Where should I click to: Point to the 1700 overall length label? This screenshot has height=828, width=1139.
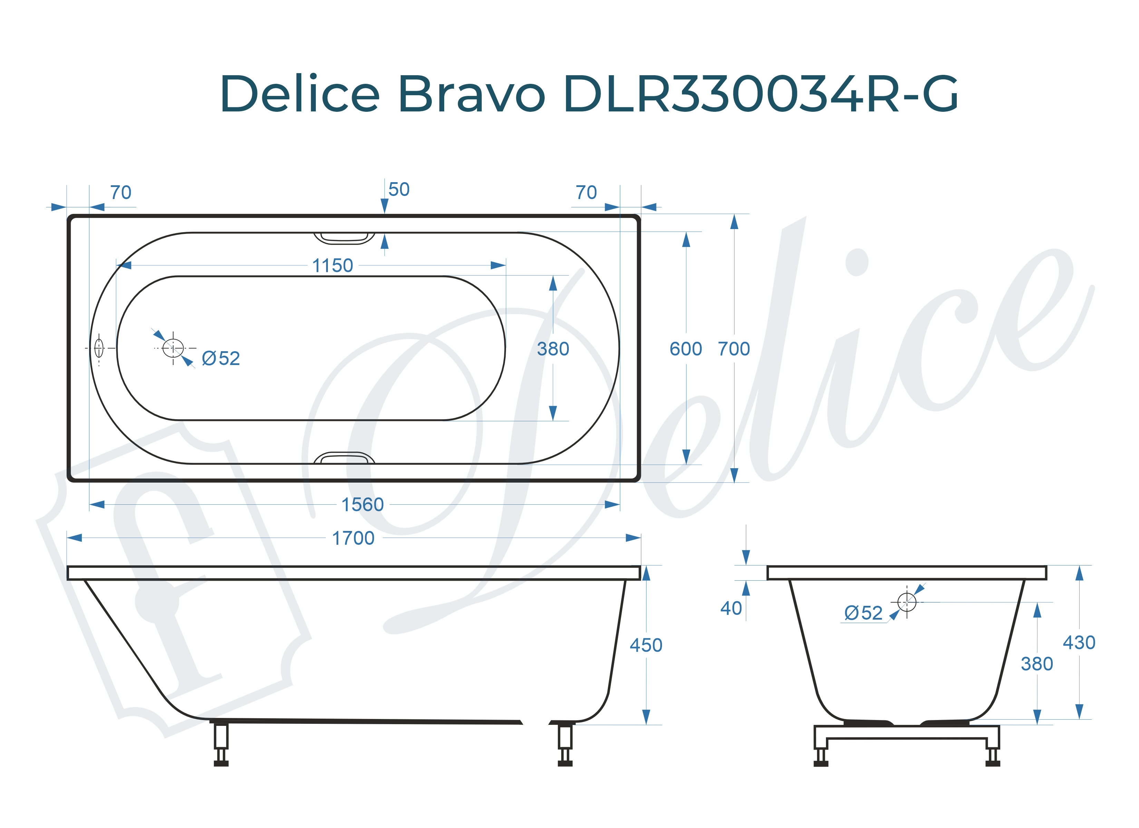tap(353, 538)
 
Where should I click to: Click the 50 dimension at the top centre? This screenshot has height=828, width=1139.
tap(399, 190)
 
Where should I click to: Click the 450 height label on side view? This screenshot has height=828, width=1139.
tap(646, 645)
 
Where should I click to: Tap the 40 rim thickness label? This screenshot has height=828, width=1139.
tap(731, 609)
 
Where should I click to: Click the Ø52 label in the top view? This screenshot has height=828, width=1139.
tap(221, 358)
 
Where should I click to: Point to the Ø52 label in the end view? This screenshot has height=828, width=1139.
tap(863, 613)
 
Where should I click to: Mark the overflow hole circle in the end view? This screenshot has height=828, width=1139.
tap(906, 602)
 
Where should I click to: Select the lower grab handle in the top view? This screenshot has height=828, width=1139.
tap(344, 457)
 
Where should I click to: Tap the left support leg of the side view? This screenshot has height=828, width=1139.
tap(221, 743)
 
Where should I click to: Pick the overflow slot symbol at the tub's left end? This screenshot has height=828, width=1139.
tap(99, 347)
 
